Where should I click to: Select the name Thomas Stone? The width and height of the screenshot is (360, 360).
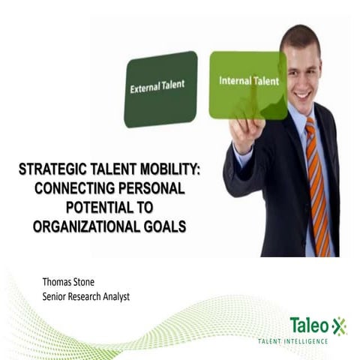[x=72, y=282]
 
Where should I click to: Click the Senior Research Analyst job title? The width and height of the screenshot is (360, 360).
[x=86, y=297]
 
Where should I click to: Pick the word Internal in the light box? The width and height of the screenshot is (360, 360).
[x=232, y=81]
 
